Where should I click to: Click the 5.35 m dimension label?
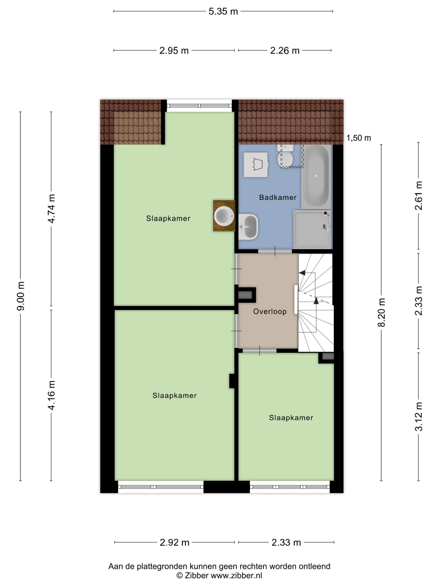click(x=223, y=11)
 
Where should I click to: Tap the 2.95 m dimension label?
click(x=174, y=51)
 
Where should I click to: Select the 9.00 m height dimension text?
click(x=21, y=296)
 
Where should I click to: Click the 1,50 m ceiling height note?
click(x=359, y=138)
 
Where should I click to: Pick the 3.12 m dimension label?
click(x=418, y=417)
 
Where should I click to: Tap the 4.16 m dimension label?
click(x=51, y=395)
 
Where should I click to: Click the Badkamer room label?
click(x=278, y=197)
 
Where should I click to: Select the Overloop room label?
click(x=270, y=311)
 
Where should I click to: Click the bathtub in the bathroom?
click(x=316, y=176)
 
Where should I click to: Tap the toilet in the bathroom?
click(x=285, y=156)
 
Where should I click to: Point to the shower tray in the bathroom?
click(x=312, y=229)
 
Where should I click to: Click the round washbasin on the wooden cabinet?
click(x=224, y=216)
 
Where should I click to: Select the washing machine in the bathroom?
click(x=256, y=165)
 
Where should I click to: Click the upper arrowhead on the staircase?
click(x=302, y=273)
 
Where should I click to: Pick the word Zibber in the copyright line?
click(x=196, y=575)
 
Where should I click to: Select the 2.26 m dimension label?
click(x=285, y=51)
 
